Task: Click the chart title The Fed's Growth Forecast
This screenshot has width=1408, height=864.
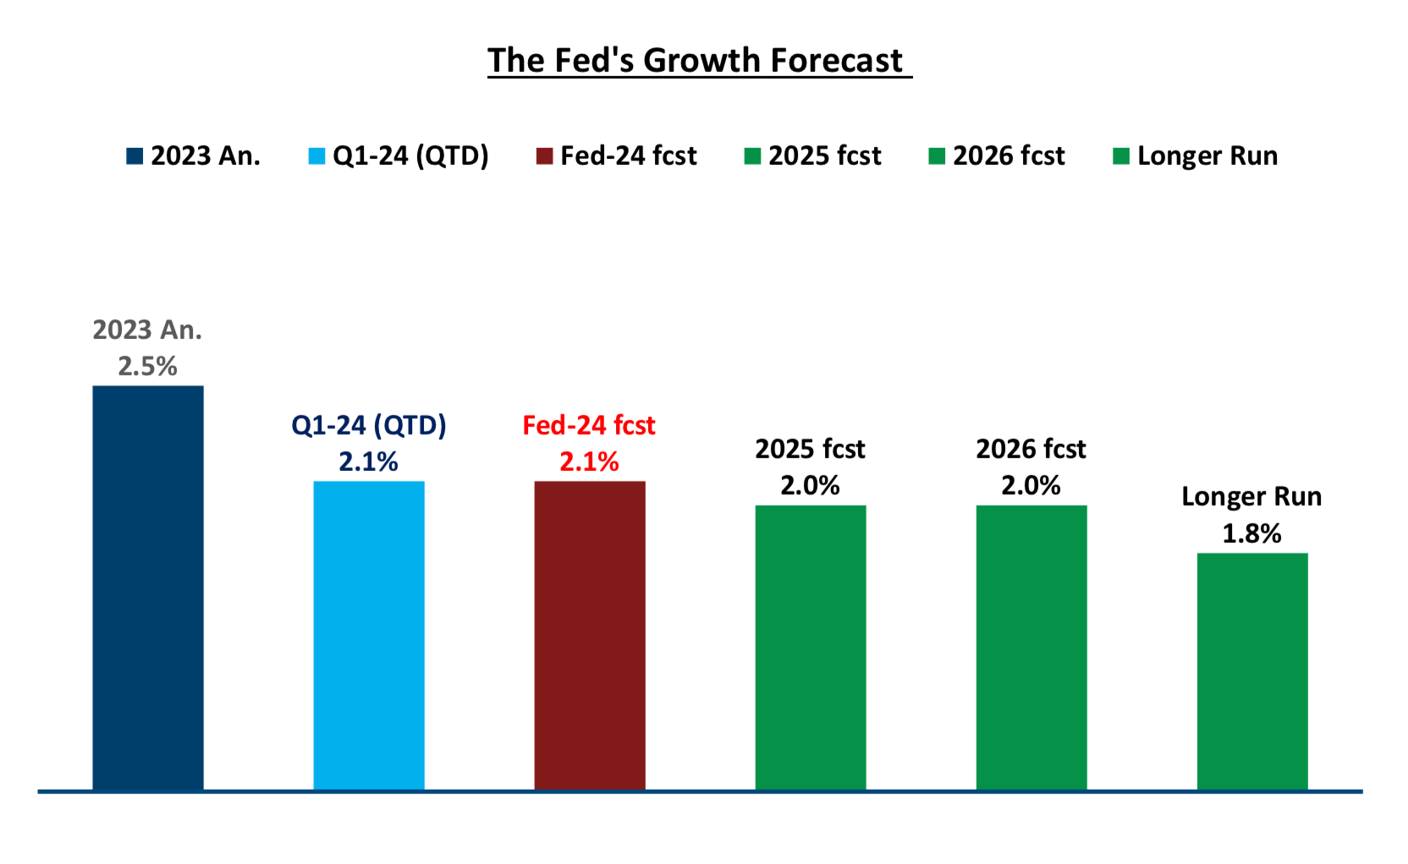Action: (699, 61)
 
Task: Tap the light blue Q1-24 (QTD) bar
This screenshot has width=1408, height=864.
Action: (369, 634)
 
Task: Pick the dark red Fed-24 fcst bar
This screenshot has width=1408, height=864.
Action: (590, 634)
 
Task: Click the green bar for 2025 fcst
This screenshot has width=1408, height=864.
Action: (811, 647)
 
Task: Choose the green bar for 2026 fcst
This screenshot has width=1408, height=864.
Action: (1031, 647)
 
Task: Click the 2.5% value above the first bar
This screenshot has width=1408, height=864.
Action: (148, 366)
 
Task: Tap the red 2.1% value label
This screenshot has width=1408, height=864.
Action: (590, 462)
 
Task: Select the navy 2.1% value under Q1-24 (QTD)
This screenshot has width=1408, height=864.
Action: (369, 462)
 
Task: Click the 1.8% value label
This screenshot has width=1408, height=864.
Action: (1252, 533)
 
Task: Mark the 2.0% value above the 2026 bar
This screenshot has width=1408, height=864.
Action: (1031, 485)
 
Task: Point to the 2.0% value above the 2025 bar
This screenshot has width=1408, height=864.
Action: (811, 485)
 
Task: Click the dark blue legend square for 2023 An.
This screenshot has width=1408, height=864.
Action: (135, 156)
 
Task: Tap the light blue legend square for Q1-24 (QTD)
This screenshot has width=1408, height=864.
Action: (316, 156)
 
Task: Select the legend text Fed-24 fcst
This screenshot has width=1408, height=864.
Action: (629, 156)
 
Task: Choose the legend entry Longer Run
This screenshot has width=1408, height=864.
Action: (1207, 156)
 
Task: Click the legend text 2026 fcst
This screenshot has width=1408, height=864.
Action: (1009, 156)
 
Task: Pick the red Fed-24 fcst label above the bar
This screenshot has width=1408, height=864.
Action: (590, 425)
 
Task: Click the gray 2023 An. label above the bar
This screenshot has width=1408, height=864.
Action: (148, 330)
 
